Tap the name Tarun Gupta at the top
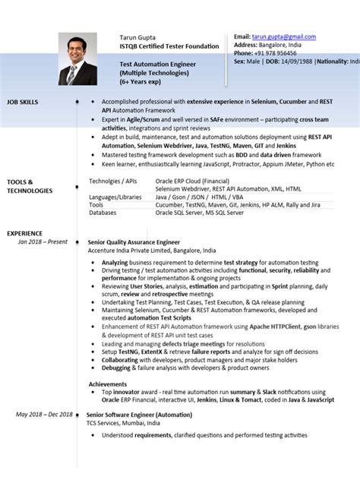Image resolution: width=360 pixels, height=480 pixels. [x=137, y=37]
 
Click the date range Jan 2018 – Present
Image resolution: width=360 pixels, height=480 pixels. [x=43, y=242]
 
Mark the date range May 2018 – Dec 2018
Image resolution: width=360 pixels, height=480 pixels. [x=45, y=415]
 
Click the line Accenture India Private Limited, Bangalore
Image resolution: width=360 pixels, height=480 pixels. [x=152, y=250]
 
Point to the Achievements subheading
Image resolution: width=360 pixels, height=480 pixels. [x=107, y=384]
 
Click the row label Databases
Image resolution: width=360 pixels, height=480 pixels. [x=103, y=213]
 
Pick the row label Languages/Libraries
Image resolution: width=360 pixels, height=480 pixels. [x=115, y=197]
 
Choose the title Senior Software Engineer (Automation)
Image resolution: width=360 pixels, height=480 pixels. [x=139, y=415]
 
